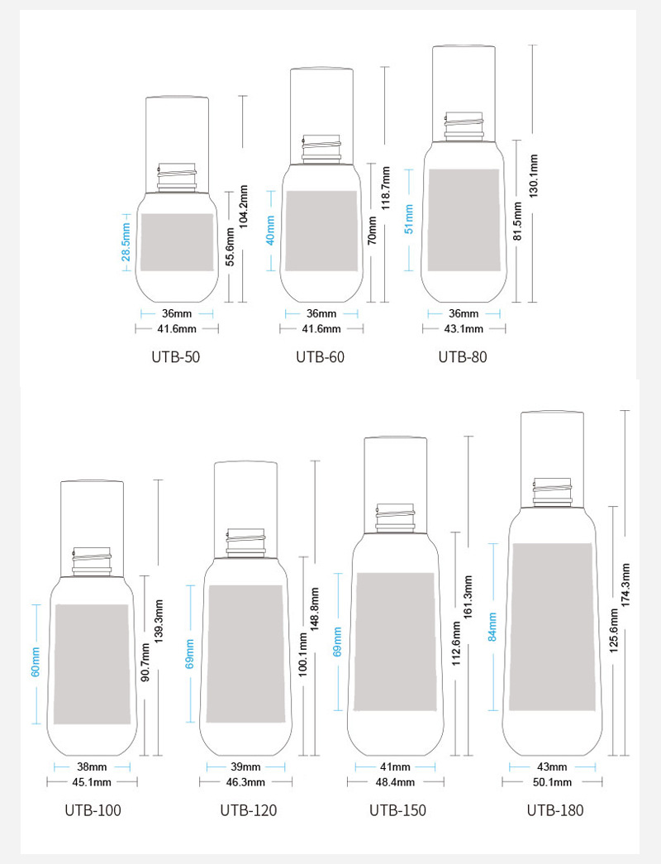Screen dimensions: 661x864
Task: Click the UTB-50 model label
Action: pyautogui.click(x=176, y=357)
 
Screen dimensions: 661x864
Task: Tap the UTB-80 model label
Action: pyautogui.click(x=463, y=357)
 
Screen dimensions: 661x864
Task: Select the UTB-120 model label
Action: pyautogui.click(x=249, y=810)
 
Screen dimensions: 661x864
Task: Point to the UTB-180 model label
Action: pyautogui.click(x=555, y=810)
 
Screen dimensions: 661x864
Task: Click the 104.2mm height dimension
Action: pyautogui.click(x=244, y=206)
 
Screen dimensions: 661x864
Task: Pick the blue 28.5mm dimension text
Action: pyautogui.click(x=126, y=242)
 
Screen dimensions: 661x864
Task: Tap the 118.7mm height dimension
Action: pyautogui.click(x=386, y=188)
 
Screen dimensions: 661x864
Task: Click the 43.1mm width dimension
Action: pyautogui.click(x=464, y=329)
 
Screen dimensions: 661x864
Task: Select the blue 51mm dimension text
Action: pyautogui.click(x=409, y=219)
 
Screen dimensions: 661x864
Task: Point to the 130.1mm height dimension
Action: pyautogui.click(x=533, y=176)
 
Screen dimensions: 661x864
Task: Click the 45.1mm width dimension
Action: pyautogui.click(x=92, y=782)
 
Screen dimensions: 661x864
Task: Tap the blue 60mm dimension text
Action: pyautogui.click(x=36, y=662)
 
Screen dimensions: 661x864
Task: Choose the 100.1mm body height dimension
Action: pyautogui.click(x=302, y=655)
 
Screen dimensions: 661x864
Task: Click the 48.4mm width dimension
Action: pyautogui.click(x=395, y=782)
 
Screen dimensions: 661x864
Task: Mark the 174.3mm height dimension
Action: pyautogui.click(x=625, y=585)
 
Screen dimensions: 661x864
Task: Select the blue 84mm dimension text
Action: pyautogui.click(x=492, y=627)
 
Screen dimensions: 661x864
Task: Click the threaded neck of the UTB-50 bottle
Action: pyautogui.click(x=177, y=177)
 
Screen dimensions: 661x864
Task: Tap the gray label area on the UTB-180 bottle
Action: pyautogui.click(x=552, y=627)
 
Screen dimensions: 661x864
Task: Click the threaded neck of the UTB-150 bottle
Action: pyautogui.click(x=395, y=518)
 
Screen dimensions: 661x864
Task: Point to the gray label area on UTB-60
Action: pyautogui.click(x=321, y=231)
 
